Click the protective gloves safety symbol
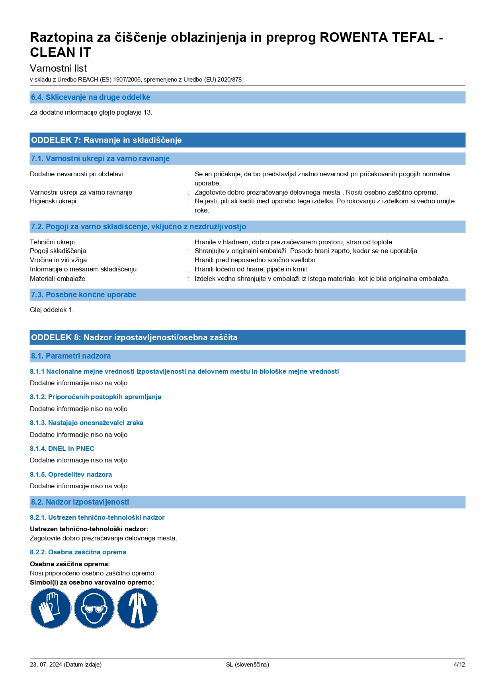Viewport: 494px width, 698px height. click(51, 608)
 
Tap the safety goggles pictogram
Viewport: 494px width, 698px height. click(94, 608)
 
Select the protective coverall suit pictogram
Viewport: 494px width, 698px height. click(137, 608)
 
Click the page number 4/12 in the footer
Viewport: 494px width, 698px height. click(459, 664)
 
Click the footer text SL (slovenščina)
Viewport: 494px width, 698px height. click(247, 664)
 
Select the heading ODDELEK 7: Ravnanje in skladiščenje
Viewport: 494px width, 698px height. click(106, 140)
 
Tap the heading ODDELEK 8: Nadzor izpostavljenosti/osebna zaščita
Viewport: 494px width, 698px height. click(134, 337)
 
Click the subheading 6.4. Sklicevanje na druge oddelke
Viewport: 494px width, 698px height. click(90, 97)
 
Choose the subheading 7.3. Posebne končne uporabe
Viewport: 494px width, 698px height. click(84, 295)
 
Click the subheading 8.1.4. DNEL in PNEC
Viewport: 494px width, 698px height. click(62, 448)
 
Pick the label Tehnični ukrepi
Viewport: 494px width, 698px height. click(52, 242)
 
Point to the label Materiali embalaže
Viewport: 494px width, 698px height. click(57, 279)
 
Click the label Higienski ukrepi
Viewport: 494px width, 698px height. click(53, 201)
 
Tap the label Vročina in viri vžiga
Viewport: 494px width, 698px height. click(58, 260)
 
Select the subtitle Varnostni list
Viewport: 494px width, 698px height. click(58, 68)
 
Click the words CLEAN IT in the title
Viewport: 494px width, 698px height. click(61, 53)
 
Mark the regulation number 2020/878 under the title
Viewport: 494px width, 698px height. click(231, 80)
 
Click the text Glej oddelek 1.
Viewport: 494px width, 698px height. click(52, 310)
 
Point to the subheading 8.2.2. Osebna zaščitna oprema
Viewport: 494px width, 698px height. click(78, 552)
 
